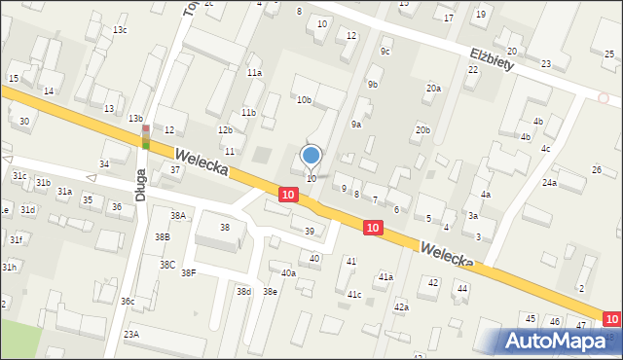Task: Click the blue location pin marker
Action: coord(311,155)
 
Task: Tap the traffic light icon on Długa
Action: coord(146,137)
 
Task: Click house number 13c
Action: coord(120,30)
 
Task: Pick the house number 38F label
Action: coord(188,273)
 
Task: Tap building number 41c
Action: coord(354,294)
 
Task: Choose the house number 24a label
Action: coord(550,183)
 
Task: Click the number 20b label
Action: coord(422,129)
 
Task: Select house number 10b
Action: coord(305,100)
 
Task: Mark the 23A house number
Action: coord(130,334)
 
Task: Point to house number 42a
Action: coord(401,306)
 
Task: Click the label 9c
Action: coord(385,51)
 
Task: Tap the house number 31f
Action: coord(16,239)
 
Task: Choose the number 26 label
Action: coord(597,170)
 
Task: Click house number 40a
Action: coord(288,273)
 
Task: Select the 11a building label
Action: coord(254,73)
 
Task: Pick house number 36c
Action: coord(128,302)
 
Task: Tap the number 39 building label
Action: coord(309,232)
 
